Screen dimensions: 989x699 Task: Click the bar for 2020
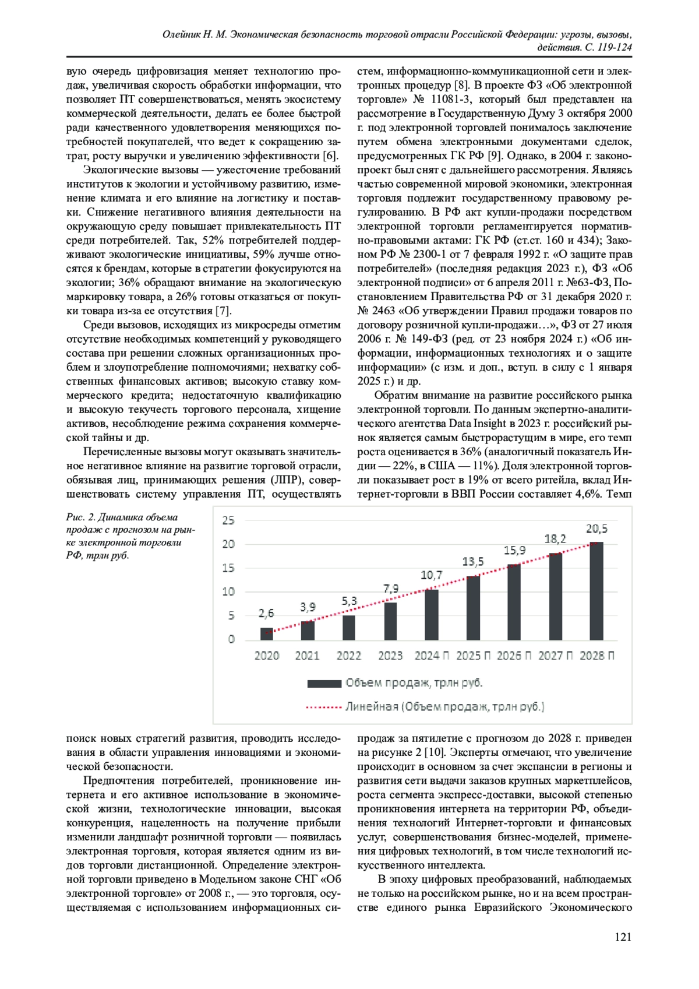click(x=267, y=634)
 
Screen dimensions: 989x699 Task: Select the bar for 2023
click(x=390, y=621)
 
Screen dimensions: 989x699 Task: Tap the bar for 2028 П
click(x=596, y=591)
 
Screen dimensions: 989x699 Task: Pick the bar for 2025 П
click(x=473, y=608)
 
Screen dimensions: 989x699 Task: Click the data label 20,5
click(x=596, y=529)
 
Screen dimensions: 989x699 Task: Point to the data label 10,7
click(x=432, y=575)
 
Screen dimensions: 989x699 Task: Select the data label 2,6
click(x=266, y=613)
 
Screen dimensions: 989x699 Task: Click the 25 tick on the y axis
click(x=228, y=520)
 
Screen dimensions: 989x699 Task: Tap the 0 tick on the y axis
click(x=231, y=639)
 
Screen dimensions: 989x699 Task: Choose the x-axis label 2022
click(x=349, y=656)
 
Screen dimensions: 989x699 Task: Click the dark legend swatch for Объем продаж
click(x=324, y=684)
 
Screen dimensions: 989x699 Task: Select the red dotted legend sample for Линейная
click(x=323, y=708)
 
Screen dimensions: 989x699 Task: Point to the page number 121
click(x=623, y=937)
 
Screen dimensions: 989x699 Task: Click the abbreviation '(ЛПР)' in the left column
click(x=285, y=480)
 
